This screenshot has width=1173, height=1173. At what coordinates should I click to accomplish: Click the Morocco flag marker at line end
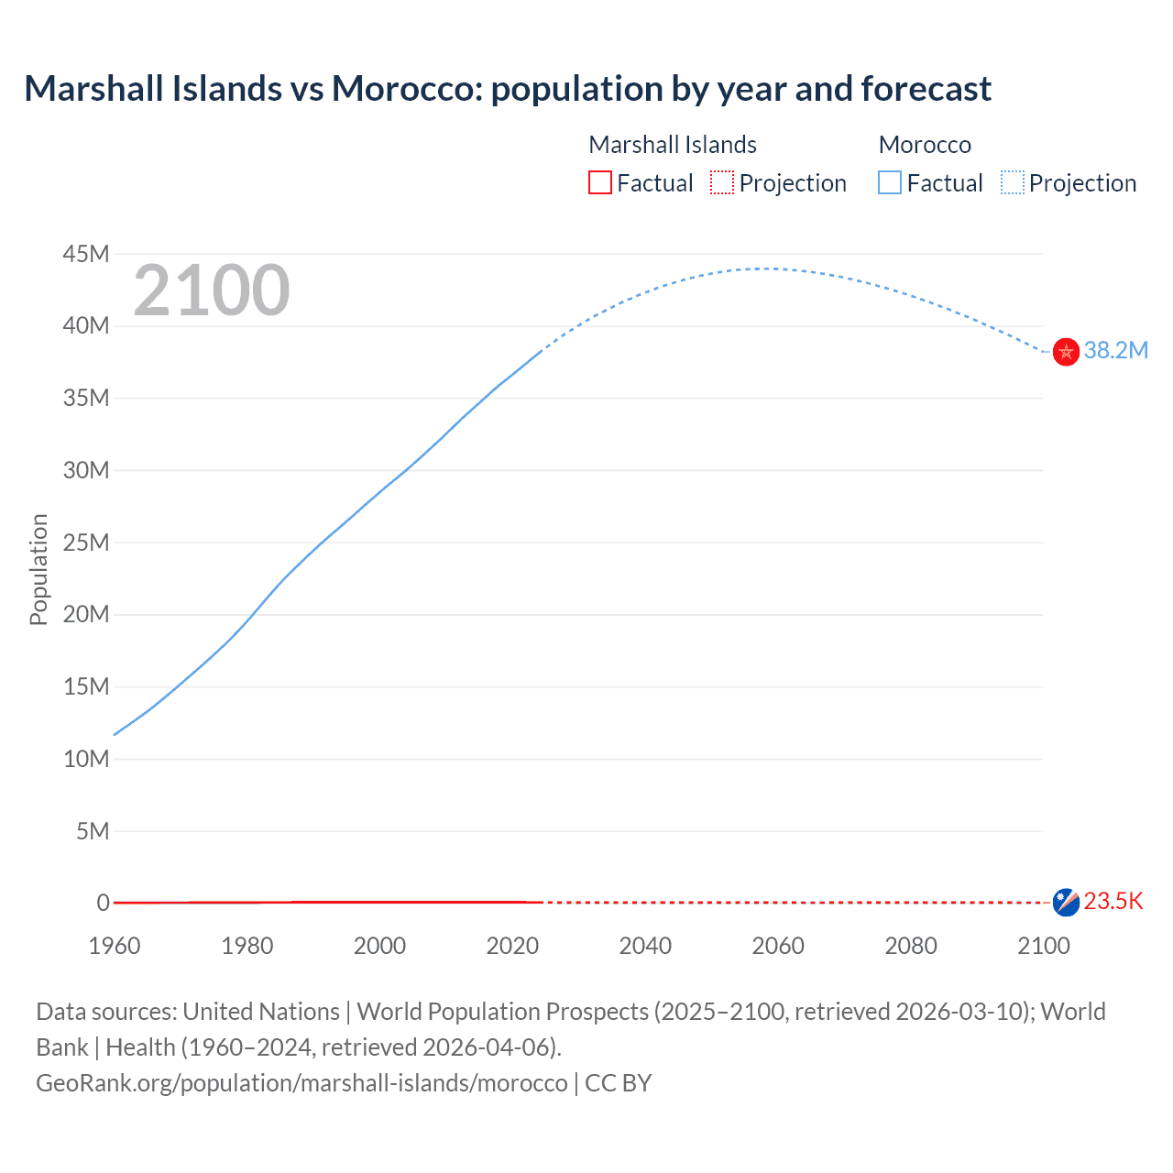(1066, 352)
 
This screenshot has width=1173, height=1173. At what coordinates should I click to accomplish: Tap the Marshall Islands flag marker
(1066, 902)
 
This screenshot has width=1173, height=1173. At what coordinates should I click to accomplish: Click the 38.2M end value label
(1115, 351)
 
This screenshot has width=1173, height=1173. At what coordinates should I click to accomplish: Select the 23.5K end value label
(1113, 902)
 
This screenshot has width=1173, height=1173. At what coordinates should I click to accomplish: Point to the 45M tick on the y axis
(86, 254)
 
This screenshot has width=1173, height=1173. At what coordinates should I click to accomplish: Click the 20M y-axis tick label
(86, 614)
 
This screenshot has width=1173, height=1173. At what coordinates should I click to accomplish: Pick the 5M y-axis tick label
(93, 831)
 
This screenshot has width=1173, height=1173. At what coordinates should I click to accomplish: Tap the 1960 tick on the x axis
(115, 946)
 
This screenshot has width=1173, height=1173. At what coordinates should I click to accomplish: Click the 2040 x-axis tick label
(645, 946)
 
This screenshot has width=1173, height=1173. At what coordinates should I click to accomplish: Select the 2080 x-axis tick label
(911, 946)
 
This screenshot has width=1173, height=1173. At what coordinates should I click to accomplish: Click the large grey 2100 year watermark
(212, 291)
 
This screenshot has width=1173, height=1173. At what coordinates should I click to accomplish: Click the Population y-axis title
(38, 569)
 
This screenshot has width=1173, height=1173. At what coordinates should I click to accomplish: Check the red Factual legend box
(600, 183)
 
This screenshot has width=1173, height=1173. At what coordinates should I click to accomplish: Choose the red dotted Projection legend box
(722, 183)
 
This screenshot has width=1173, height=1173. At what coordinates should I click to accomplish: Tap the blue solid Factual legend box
(890, 183)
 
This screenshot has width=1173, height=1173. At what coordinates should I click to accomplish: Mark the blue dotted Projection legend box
(1013, 183)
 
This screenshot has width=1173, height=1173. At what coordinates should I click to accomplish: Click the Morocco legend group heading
(925, 145)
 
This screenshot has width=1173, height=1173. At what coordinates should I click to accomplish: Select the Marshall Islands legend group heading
(673, 145)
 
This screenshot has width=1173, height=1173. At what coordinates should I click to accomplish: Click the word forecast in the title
(926, 89)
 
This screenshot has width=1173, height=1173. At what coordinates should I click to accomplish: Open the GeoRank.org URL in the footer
(301, 1083)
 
